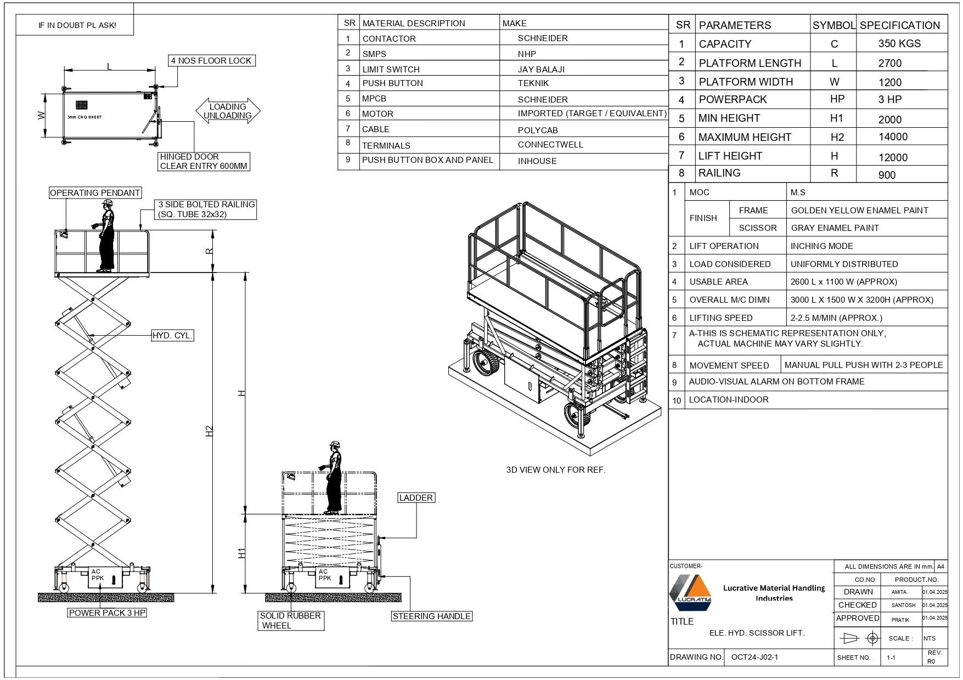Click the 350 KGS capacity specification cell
(x=899, y=44)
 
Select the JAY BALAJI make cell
(x=541, y=70)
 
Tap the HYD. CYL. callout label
(x=173, y=336)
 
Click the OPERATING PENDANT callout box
(x=95, y=193)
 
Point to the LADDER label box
(x=416, y=498)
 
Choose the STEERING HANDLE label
(x=431, y=616)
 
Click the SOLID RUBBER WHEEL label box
(x=290, y=621)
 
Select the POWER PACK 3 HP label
(x=107, y=613)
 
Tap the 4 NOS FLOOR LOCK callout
(x=211, y=61)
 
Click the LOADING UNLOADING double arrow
(x=228, y=111)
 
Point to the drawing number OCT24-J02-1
(x=754, y=657)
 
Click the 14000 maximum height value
(x=893, y=137)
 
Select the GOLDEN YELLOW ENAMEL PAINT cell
(x=859, y=211)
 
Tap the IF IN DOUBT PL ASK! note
(x=77, y=25)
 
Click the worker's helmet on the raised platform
(x=108, y=202)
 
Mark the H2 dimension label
(x=210, y=431)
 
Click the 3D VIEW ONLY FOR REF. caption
(x=556, y=470)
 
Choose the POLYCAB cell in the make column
(x=538, y=131)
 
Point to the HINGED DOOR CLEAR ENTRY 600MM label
(x=204, y=162)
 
